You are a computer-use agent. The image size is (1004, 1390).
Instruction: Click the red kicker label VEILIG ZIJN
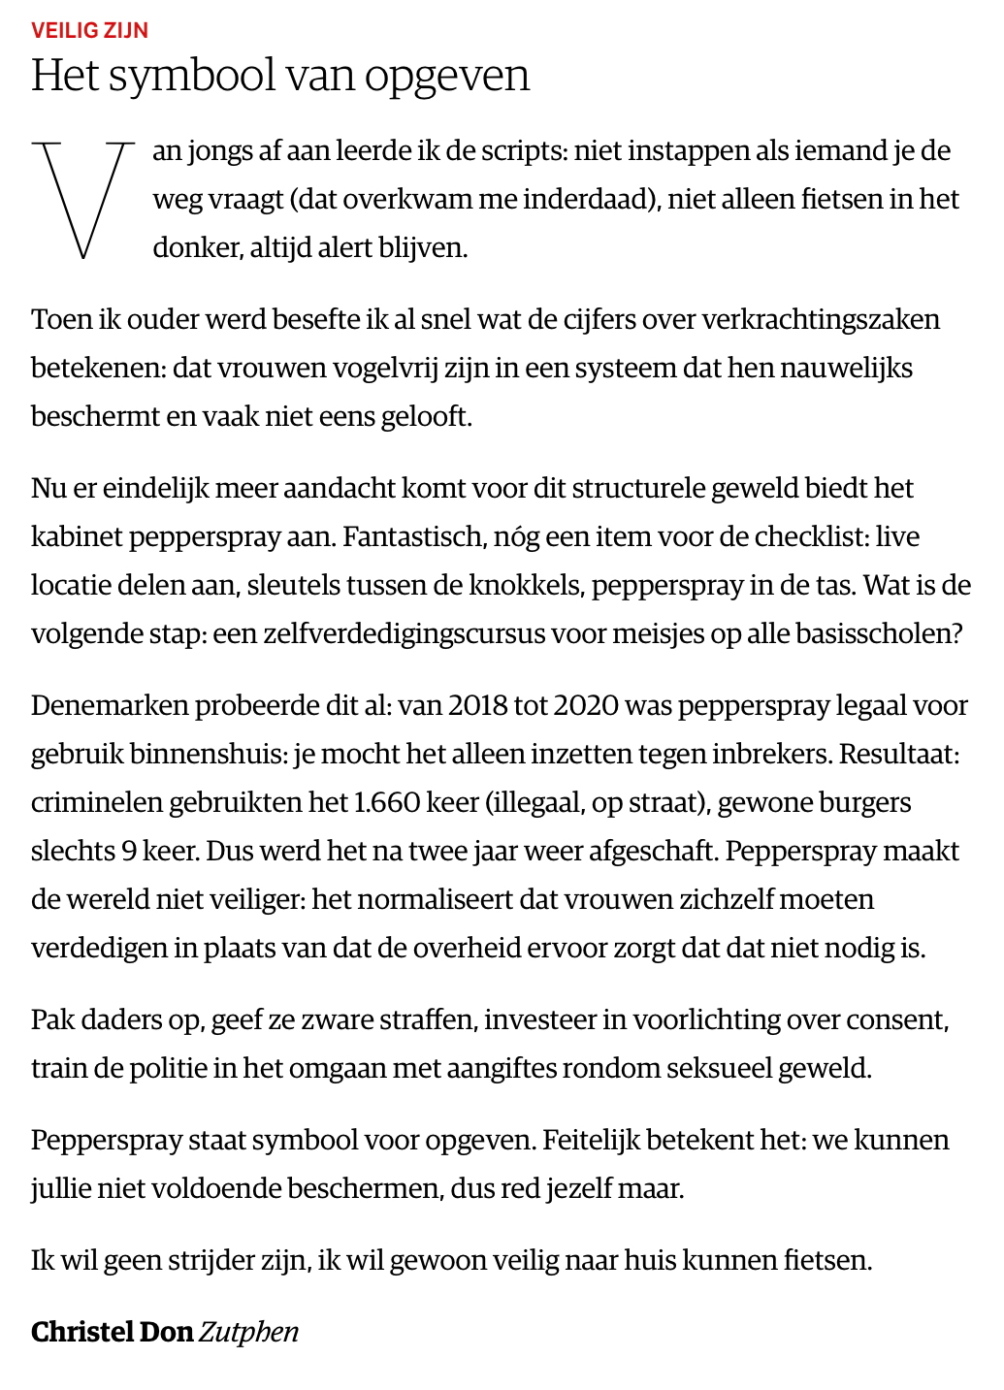pyautogui.click(x=89, y=30)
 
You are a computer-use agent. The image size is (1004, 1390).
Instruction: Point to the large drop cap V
pyautogui.click(x=83, y=200)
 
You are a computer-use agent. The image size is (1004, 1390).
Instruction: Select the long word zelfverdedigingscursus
pyautogui.click(x=379, y=633)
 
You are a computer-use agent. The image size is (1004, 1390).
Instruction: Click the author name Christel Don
pyautogui.click(x=112, y=1332)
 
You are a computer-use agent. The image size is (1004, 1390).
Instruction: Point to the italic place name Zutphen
pyautogui.click(x=249, y=1332)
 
